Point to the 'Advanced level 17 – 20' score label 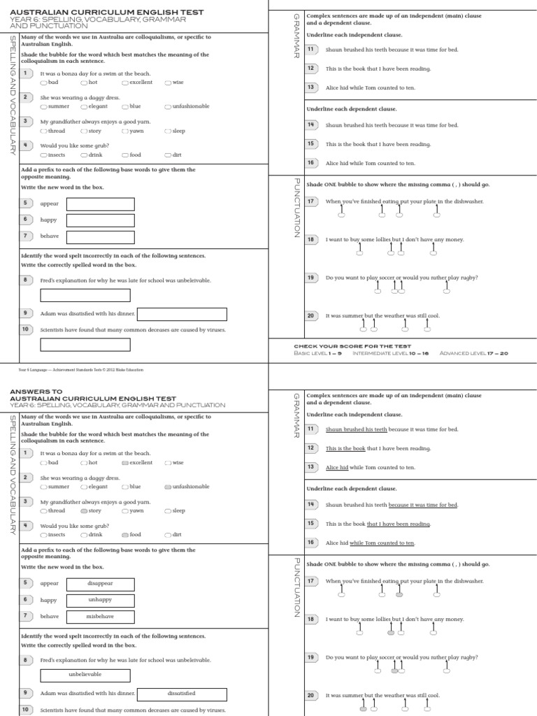tap(473, 353)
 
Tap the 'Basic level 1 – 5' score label tap(317, 353)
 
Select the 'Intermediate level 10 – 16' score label tap(391, 353)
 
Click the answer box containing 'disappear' tap(100, 583)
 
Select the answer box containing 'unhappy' tap(100, 600)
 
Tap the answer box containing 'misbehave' tap(100, 617)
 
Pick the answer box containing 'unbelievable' tap(85, 674)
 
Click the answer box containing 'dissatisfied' tap(182, 694)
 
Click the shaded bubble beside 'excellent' tap(125, 463)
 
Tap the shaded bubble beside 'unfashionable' tap(168, 487)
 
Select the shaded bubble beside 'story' tap(84, 511)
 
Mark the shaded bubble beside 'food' tap(125, 535)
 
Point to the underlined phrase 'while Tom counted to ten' tap(382, 543)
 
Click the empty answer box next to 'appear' tap(100, 203)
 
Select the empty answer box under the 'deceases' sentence tap(85, 344)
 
